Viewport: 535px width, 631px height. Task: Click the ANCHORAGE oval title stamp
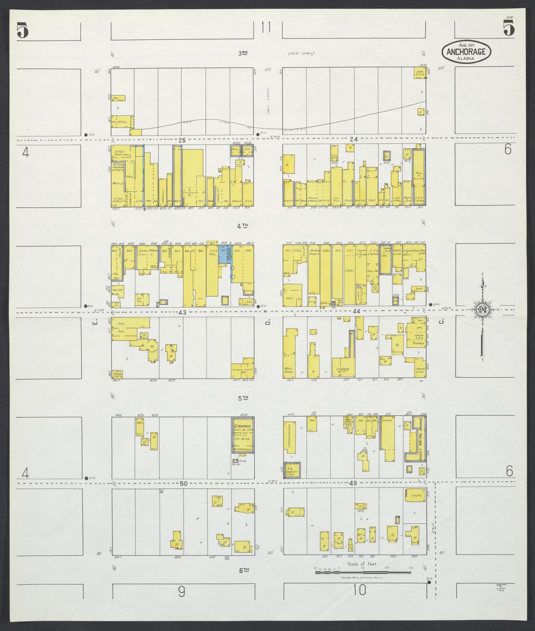[x=466, y=52]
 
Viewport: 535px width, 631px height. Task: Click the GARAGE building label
[x=242, y=426]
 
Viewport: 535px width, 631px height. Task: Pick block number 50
[x=183, y=483]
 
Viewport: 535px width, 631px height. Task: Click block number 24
[x=354, y=140]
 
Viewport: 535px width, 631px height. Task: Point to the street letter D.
[x=267, y=322]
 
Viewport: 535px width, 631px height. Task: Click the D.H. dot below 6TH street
[x=429, y=582]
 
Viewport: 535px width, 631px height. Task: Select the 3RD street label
[x=243, y=53]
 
